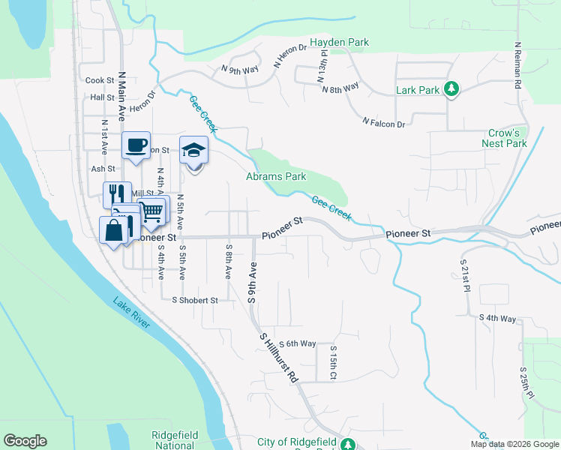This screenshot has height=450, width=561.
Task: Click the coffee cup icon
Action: pyautogui.click(x=136, y=145)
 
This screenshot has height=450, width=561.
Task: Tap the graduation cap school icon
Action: pyautogui.click(x=193, y=150)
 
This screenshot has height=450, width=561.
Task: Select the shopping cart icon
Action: pyautogui.click(x=152, y=212)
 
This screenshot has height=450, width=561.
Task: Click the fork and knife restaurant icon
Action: pyautogui.click(x=117, y=194)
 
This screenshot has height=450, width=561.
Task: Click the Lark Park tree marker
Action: pyautogui.click(x=451, y=90)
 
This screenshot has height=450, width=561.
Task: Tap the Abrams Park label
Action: pyautogui.click(x=276, y=177)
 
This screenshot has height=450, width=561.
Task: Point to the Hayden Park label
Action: pyautogui.click(x=340, y=43)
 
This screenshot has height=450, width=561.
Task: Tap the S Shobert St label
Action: pyautogui.click(x=194, y=300)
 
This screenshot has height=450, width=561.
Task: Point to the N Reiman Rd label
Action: pyautogui.click(x=517, y=65)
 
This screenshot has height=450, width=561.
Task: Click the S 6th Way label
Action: pyautogui.click(x=297, y=343)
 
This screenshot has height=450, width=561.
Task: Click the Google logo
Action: pyautogui.click(x=25, y=441)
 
